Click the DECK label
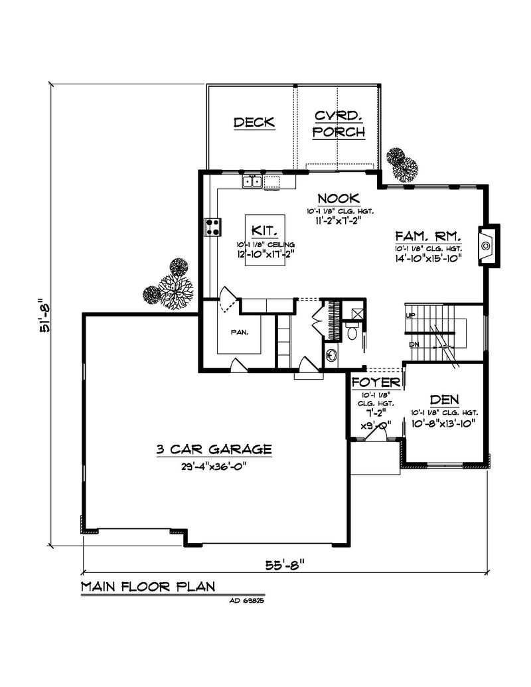click(x=254, y=122)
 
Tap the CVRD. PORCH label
click(x=340, y=123)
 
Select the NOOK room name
click(x=339, y=198)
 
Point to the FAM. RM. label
click(x=427, y=236)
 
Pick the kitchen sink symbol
click(x=252, y=181)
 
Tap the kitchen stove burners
click(x=214, y=227)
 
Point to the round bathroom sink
click(x=331, y=355)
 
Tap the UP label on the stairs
click(x=410, y=315)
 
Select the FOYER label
click(x=376, y=383)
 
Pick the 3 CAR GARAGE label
click(x=214, y=449)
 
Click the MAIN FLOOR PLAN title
click(x=148, y=587)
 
